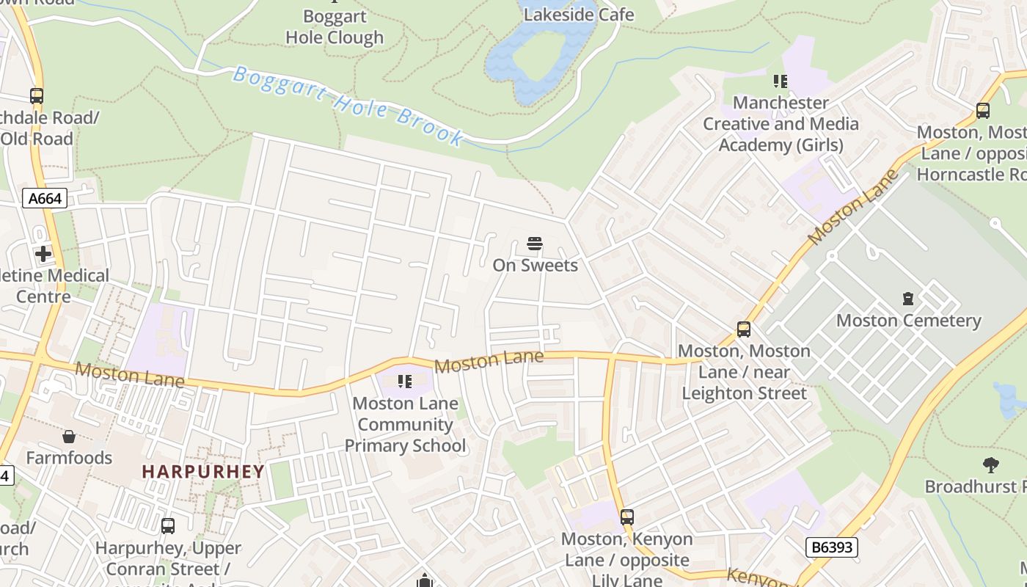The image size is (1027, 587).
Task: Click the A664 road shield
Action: (45, 198)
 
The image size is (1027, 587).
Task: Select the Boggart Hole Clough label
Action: (335, 27)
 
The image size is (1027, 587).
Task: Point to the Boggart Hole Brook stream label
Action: (348, 106)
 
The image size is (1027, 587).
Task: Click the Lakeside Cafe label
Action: (579, 14)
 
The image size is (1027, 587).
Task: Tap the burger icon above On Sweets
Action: (535, 244)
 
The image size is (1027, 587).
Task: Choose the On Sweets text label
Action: (535, 265)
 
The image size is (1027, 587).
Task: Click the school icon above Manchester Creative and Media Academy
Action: (781, 81)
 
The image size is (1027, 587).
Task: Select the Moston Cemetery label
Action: (908, 321)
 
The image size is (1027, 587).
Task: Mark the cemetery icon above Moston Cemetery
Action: (908, 299)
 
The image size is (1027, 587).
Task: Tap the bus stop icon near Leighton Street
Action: (744, 329)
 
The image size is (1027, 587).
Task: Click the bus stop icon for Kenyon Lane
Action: (626, 517)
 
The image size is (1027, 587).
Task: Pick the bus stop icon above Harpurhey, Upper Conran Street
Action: (168, 526)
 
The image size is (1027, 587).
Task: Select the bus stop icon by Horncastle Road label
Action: (983, 111)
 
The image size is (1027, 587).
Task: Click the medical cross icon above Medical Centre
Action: (43, 254)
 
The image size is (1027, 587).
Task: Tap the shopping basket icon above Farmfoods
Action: (69, 437)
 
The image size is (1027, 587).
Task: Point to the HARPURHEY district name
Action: (203, 472)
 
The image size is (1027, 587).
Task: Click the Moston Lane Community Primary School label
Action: (405, 424)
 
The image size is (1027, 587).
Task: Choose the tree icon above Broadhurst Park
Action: (990, 464)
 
